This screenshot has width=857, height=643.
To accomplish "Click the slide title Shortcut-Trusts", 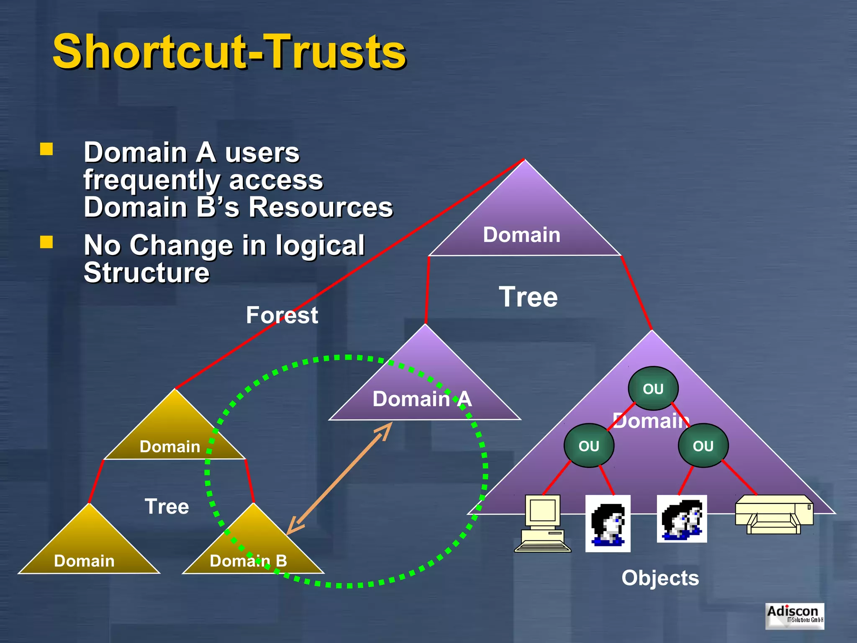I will pos(229,52).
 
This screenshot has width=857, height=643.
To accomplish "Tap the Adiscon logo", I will pos(794,615).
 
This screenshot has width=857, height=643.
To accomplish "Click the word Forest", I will pos(282,315).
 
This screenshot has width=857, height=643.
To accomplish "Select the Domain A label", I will pos(422,399).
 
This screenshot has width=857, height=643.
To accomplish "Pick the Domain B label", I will pos(248,561).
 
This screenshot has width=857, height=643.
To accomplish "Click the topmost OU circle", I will pos(653,388).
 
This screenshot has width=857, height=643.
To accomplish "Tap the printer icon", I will pos(774,515).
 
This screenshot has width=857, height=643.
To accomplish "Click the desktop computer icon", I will pos(542,523).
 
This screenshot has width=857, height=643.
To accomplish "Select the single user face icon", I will pos(608,523).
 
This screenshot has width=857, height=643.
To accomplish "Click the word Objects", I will pos(660,578).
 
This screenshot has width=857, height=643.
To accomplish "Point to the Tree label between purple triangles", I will pos(528,297).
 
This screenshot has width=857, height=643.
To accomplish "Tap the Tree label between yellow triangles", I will pos(167,507).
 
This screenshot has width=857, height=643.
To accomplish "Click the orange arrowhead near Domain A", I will pos(385,430).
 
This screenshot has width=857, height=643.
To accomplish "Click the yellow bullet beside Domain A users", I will pos(46,149).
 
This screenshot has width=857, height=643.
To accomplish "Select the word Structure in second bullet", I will pos(146,273).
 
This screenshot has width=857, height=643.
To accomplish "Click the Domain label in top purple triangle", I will pos(521,234).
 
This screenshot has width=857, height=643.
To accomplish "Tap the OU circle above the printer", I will pos(703,446).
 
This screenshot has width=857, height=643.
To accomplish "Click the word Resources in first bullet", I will pos(321,207).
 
